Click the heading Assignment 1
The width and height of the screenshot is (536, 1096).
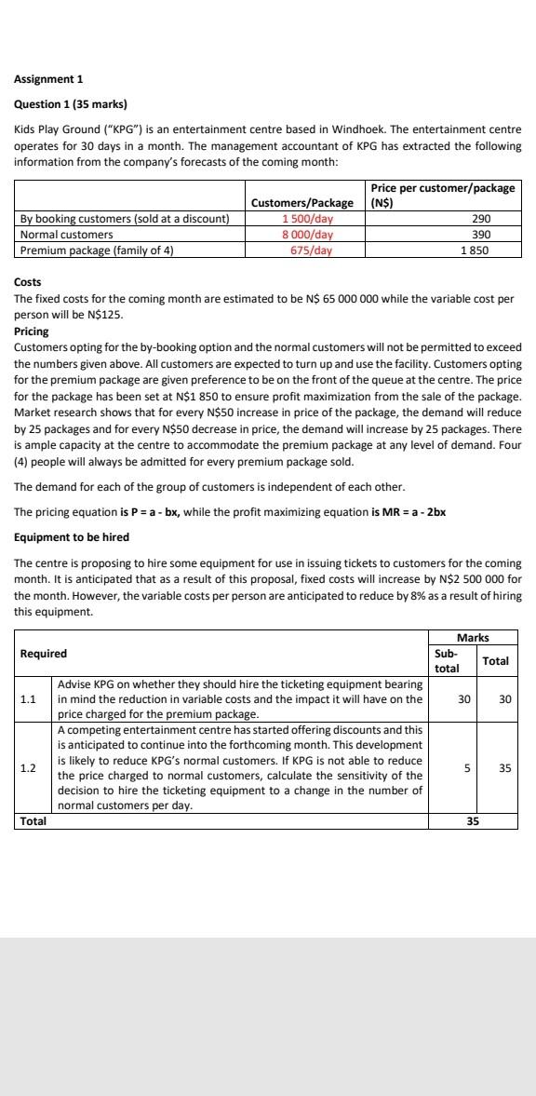pos(48,79)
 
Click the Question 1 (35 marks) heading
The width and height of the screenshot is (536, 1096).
pos(71,103)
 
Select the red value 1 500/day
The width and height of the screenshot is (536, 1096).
pos(308,219)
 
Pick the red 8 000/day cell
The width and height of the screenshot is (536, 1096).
pos(308,235)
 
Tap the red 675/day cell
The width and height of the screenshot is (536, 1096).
pos(311,250)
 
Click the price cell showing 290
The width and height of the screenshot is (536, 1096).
pos(481,219)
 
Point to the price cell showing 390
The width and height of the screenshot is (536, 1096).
pos(481,235)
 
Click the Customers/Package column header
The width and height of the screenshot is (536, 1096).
pos(302,203)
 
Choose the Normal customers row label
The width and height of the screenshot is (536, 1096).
pos(66,235)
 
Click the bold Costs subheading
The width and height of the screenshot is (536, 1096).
pos(28,282)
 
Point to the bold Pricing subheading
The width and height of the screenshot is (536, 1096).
pos(32,332)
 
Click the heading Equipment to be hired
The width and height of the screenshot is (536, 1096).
pos(72,537)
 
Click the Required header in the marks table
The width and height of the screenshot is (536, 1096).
pos(43,654)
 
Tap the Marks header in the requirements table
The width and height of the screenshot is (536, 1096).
pos(473,638)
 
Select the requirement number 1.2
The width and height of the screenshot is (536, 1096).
pos(29,768)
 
